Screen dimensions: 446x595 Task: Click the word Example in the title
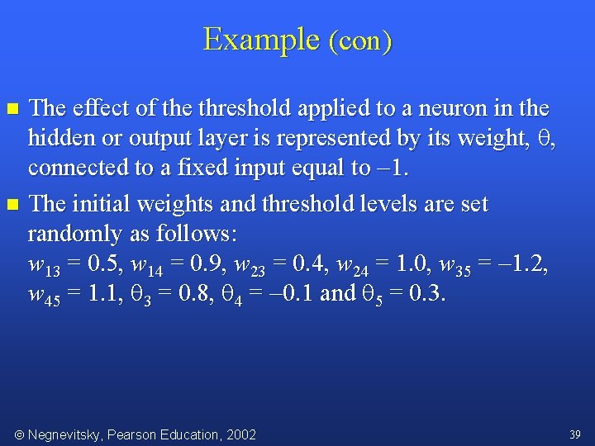pyautogui.click(x=261, y=39)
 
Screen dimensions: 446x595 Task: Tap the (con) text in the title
pyautogui.click(x=360, y=41)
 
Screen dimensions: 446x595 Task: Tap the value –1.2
pyautogui.click(x=520, y=264)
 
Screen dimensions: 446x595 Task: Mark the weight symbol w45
pyautogui.click(x=43, y=295)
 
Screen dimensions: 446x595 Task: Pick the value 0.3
pyautogui.click(x=425, y=293)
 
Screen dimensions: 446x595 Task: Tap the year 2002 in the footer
pyautogui.click(x=240, y=434)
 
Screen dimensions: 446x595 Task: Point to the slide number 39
pyautogui.click(x=575, y=434)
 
